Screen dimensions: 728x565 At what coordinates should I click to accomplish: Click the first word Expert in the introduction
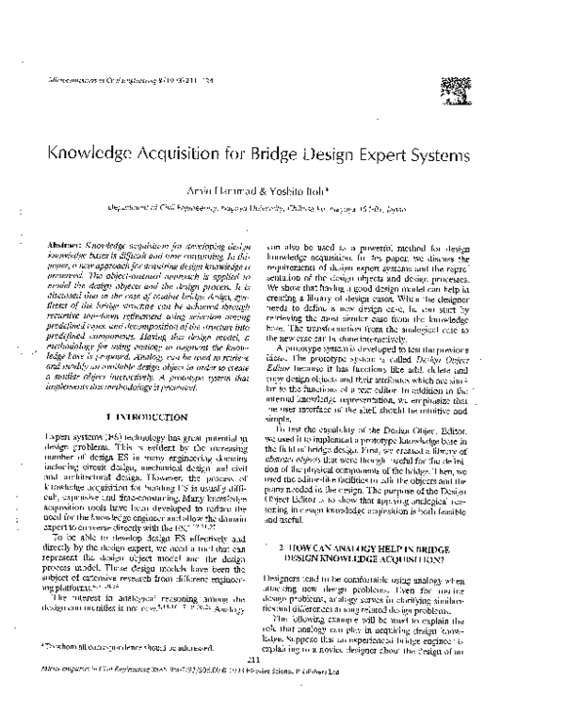tap(58, 437)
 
